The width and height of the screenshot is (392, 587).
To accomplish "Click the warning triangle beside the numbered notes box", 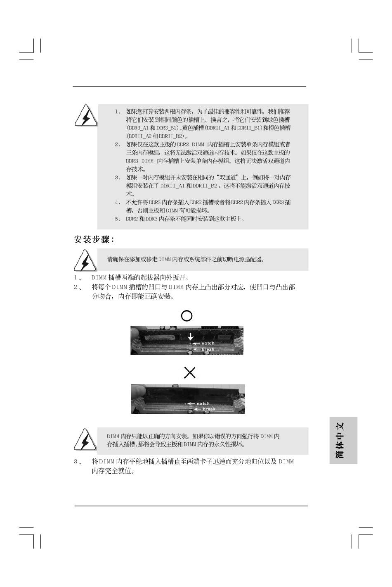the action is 86,116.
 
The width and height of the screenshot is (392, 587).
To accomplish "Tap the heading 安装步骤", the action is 94,239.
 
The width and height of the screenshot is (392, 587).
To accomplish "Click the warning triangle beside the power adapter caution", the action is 85,260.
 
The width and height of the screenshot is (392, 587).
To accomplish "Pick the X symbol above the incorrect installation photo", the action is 189,372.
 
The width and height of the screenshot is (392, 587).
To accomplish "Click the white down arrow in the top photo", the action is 191,336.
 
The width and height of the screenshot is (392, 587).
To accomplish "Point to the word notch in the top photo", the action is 208,343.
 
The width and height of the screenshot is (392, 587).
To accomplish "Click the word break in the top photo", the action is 208,349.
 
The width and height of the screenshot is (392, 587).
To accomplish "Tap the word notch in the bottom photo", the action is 203,403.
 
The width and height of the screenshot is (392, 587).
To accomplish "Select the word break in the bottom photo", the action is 209,409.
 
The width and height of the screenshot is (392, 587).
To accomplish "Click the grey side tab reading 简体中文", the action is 343,440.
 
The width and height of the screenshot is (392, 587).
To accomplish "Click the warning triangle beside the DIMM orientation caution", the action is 85,440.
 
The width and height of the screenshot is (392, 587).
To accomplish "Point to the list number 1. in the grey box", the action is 118,112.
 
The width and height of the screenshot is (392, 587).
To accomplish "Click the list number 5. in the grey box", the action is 118,219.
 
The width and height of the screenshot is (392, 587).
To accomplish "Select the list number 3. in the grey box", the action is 118,178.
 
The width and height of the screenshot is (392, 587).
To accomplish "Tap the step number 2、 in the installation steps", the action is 78,287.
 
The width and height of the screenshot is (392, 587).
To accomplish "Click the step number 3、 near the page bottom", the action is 78,461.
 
